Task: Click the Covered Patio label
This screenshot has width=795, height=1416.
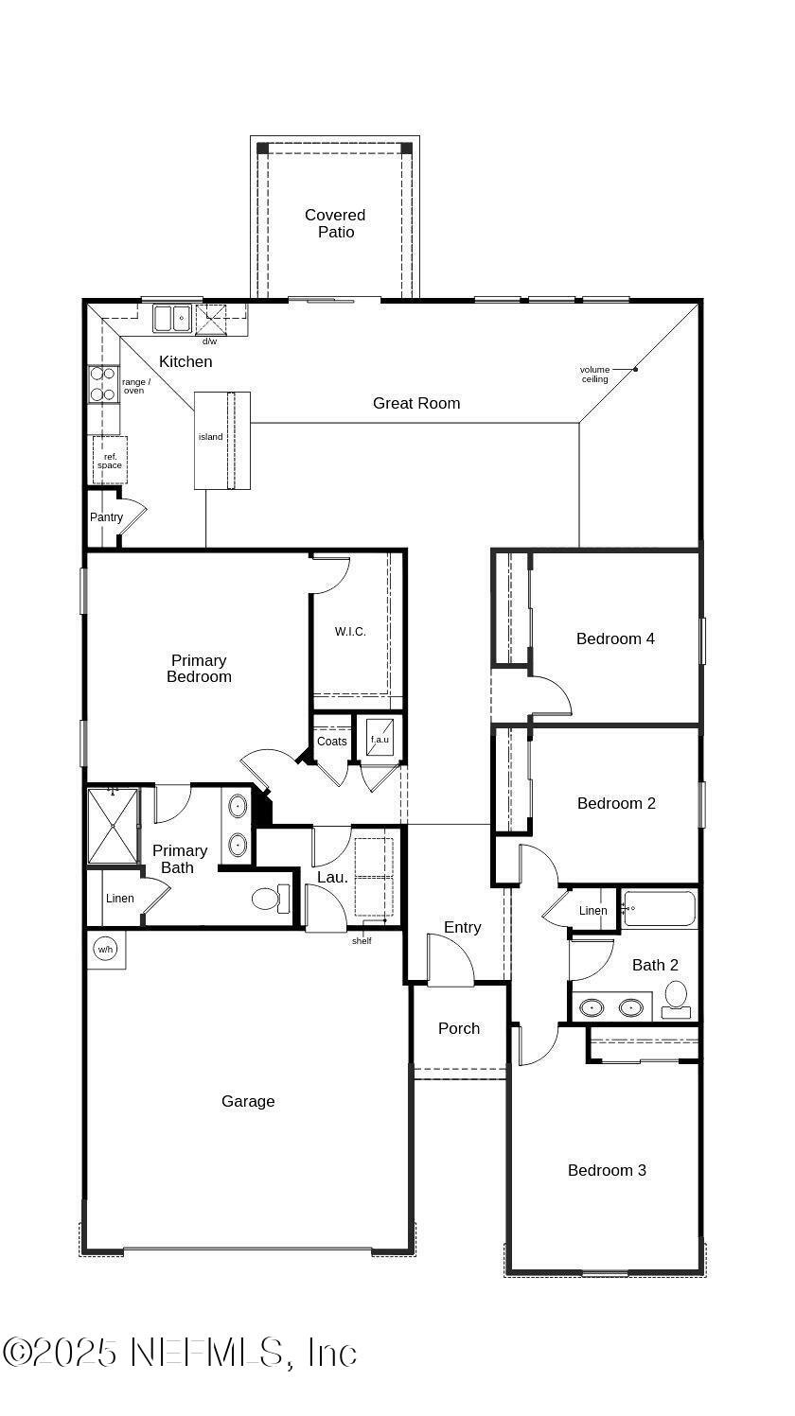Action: click(x=335, y=223)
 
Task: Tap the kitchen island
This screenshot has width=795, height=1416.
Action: click(x=222, y=440)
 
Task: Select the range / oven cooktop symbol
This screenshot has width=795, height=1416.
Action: click(x=103, y=383)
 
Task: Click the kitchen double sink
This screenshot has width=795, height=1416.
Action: click(x=172, y=318)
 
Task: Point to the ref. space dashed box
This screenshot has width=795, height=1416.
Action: click(x=109, y=461)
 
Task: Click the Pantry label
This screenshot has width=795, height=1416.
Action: click(x=106, y=517)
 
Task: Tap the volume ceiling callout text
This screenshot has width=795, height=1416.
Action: click(x=594, y=375)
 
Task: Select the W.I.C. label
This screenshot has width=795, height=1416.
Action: click(x=350, y=632)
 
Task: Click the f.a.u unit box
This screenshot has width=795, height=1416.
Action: click(x=380, y=738)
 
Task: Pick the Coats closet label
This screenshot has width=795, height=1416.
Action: click(x=331, y=742)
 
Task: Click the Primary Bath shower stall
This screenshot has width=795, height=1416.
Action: click(x=113, y=826)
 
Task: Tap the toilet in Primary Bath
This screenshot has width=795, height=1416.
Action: click(x=270, y=898)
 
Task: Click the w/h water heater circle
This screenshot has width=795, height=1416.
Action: click(x=105, y=949)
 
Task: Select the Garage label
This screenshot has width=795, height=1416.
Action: click(x=248, y=1101)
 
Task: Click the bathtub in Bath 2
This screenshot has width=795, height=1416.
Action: click(x=660, y=909)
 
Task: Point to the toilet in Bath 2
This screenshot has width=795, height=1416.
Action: click(x=676, y=997)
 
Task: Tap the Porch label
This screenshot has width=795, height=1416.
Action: click(x=459, y=1028)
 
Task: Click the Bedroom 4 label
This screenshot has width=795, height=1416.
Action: click(x=615, y=638)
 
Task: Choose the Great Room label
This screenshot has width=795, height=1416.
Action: click(x=416, y=403)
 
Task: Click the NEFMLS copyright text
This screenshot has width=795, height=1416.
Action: click(x=180, y=1353)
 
